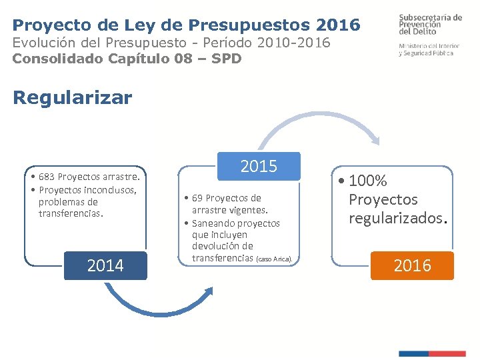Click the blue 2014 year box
pyautogui.click(x=105, y=265)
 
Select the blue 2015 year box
pyautogui.click(x=259, y=166)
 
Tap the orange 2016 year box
pyautogui.click(x=412, y=265)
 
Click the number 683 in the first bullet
pyautogui.click(x=47, y=177)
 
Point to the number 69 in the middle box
pyautogui.click(x=197, y=198)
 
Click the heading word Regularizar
pyautogui.click(x=73, y=98)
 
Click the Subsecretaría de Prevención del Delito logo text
pyautogui.click(x=430, y=24)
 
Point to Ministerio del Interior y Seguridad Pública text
pyautogui.click(x=430, y=49)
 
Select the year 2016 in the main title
pyautogui.click(x=339, y=25)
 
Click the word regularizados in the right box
pyautogui.click(x=397, y=218)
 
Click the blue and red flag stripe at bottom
pyautogui.click(x=432, y=353)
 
